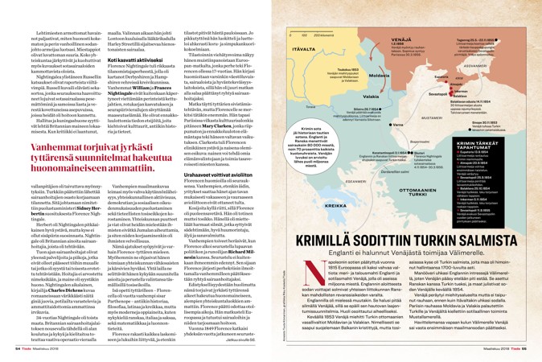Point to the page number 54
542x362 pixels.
[17, 348]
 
